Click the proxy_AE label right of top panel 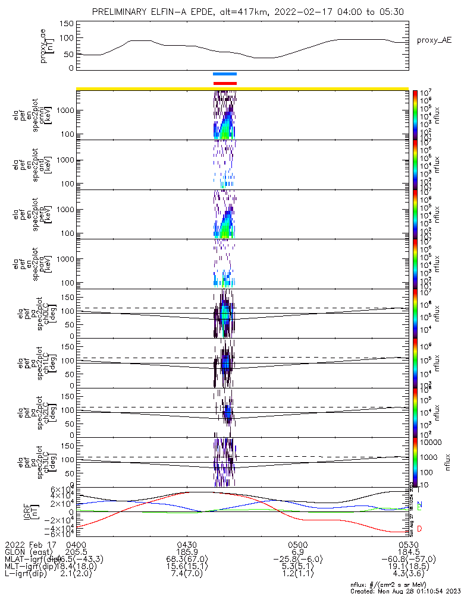[x=434, y=40]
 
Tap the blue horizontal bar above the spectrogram [x=225, y=74]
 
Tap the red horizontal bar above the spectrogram [x=225, y=83]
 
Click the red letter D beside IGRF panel [x=419, y=529]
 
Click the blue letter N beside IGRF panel [x=419, y=504]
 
